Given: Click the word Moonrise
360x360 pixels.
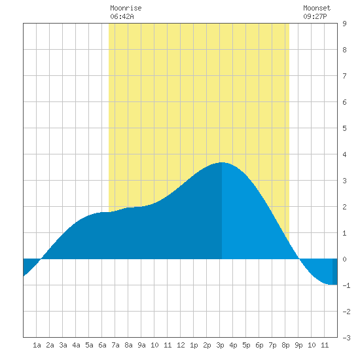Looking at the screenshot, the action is click(x=126, y=8).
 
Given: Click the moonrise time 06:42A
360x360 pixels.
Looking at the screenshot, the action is click(x=122, y=16).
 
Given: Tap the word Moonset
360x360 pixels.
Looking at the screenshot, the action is click(x=317, y=8).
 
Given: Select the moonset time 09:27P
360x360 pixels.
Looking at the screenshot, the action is click(x=315, y=16).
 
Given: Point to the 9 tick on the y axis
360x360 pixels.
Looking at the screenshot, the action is click(x=344, y=24).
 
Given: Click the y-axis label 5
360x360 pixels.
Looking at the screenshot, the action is click(x=344, y=128).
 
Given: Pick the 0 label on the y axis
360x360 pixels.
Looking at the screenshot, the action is click(x=344, y=259).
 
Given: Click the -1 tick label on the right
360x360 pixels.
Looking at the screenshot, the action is click(x=346, y=285).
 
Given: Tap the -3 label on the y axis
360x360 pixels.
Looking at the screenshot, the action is click(x=346, y=338).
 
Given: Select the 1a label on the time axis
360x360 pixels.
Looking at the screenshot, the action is click(x=37, y=345).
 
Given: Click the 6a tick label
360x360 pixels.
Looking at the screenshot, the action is click(x=102, y=345).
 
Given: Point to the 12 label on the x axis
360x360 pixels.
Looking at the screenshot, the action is click(x=181, y=345).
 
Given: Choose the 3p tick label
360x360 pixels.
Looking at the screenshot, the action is click(x=220, y=345).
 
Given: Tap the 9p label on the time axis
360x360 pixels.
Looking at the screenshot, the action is click(x=298, y=345).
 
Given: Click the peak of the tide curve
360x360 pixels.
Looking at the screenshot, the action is click(x=222, y=162).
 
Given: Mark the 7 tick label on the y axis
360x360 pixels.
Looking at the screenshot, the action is click(x=344, y=76).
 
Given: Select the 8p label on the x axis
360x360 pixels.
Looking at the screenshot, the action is click(x=285, y=345).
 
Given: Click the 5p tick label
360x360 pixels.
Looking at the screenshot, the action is click(x=246, y=345).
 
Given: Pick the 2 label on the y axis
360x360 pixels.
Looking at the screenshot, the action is click(x=344, y=207).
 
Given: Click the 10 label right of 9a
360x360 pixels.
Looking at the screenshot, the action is click(x=154, y=345).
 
